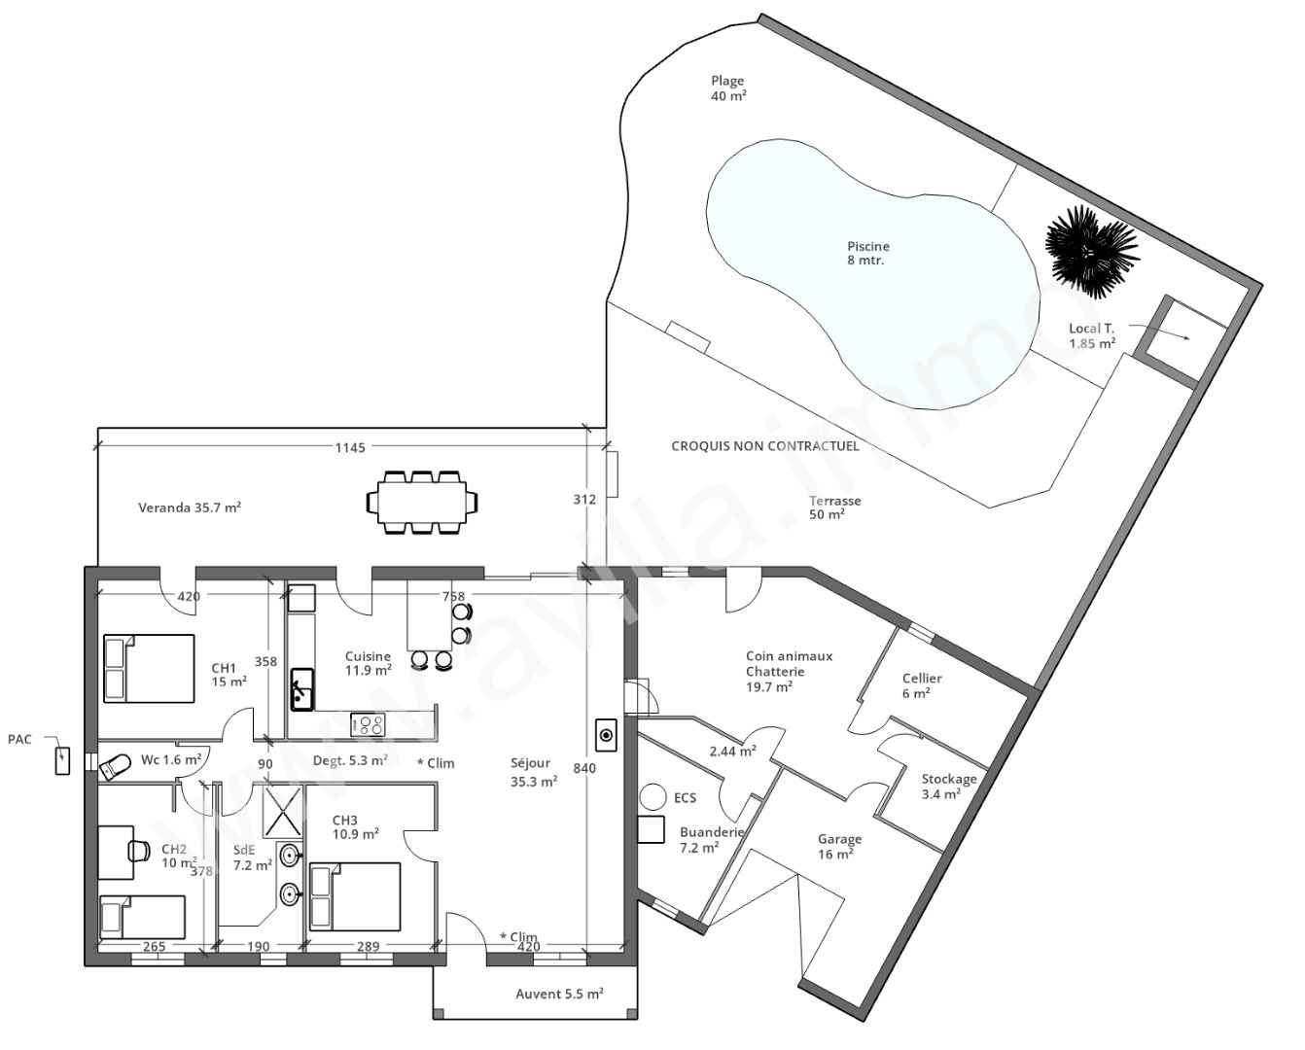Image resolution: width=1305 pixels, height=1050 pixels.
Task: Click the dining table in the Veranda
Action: pyautogui.click(x=422, y=502)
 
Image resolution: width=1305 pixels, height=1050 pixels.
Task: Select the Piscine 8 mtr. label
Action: pyautogui.click(x=867, y=254)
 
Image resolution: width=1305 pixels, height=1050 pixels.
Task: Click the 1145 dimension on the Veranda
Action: pyautogui.click(x=350, y=447)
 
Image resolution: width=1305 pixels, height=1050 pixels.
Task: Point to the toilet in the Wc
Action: pyautogui.click(x=116, y=766)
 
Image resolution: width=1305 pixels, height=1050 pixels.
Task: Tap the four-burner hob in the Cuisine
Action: pyautogui.click(x=368, y=723)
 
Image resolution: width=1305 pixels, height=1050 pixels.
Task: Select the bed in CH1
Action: pyautogui.click(x=149, y=668)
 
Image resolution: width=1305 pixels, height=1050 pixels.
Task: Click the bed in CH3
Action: pyautogui.click(x=354, y=895)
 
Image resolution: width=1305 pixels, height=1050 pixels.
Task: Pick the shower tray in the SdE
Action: pyautogui.click(x=283, y=810)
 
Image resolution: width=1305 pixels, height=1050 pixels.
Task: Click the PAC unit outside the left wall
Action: pyautogui.click(x=62, y=759)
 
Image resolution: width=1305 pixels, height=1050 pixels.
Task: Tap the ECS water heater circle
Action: pyautogui.click(x=651, y=798)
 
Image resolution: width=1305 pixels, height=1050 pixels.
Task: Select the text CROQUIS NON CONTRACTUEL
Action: pyautogui.click(x=765, y=446)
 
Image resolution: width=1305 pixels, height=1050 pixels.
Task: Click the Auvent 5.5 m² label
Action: pyautogui.click(x=559, y=994)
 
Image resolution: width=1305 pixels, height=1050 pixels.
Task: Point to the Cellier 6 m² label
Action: pyautogui.click(x=921, y=685)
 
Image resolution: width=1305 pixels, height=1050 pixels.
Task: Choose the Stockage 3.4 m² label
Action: pyautogui.click(x=948, y=786)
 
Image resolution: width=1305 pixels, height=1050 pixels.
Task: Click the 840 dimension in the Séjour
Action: pyautogui.click(x=583, y=768)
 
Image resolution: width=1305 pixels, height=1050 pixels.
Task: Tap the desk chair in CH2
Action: pyautogui.click(x=135, y=850)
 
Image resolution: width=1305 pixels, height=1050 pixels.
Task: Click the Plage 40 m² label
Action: pyautogui.click(x=728, y=88)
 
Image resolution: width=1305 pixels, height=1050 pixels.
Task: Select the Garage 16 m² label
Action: pyautogui.click(x=838, y=846)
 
